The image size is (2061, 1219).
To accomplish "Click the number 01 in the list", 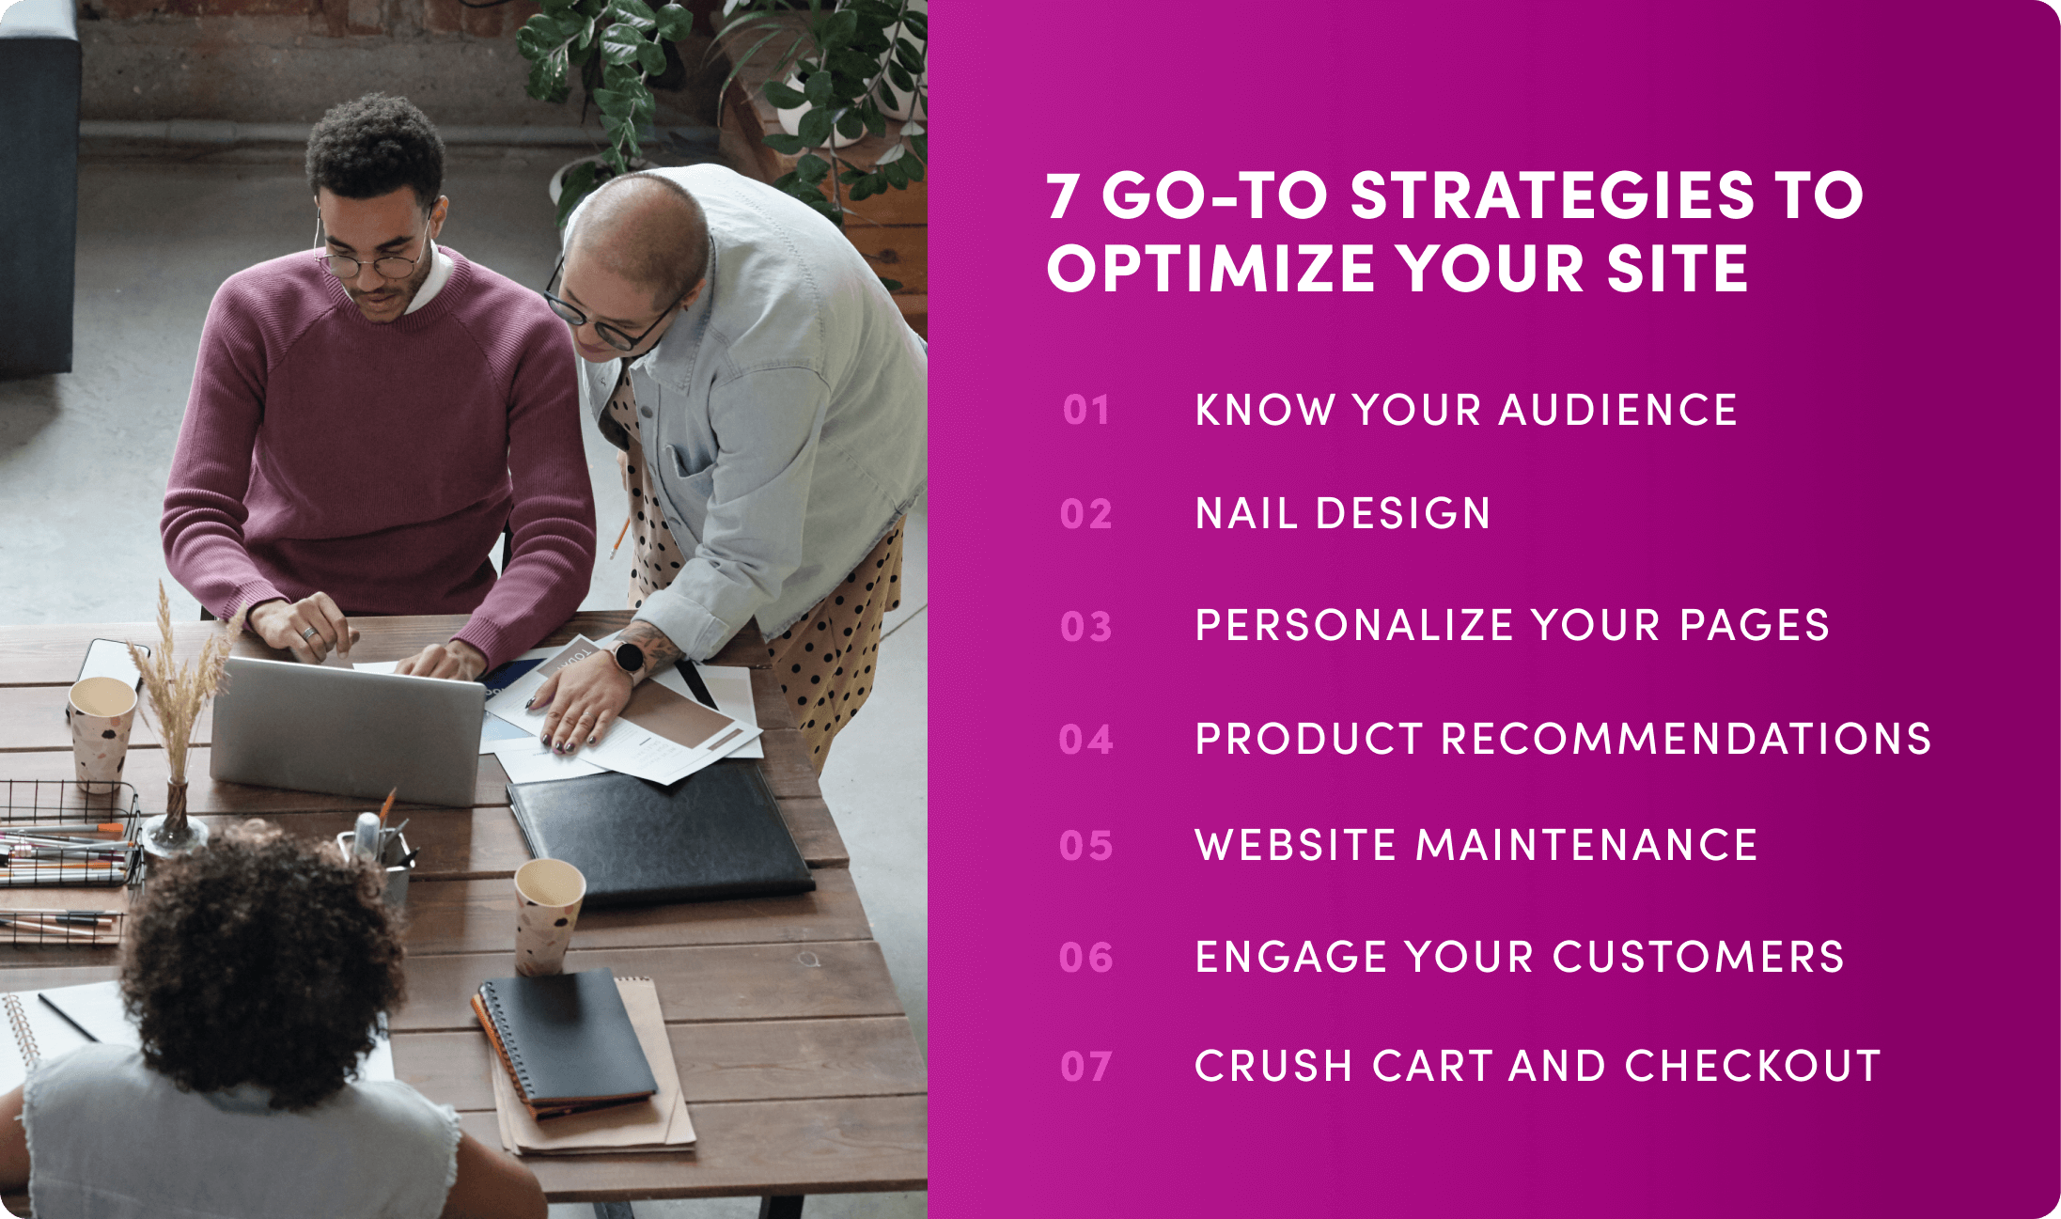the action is (x=1085, y=411).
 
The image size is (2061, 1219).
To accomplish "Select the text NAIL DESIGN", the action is (x=1343, y=513).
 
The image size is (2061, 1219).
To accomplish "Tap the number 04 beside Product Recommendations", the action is (x=1085, y=740).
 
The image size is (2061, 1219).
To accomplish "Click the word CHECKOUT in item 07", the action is (x=1753, y=1066).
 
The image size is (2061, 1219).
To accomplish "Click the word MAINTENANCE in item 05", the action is (x=1586, y=844).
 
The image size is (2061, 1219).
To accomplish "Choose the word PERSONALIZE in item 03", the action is (x=1354, y=625).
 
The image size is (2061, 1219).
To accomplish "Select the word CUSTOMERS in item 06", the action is (x=1698, y=957).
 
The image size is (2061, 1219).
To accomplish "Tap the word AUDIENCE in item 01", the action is (x=1617, y=410).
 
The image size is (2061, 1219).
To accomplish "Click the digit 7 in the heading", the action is (x=1063, y=195).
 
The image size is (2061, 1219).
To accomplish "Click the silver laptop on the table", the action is (x=347, y=728).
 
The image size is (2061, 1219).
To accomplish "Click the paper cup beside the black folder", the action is (x=548, y=914).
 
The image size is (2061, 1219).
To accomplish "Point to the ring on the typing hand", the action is (x=308, y=633).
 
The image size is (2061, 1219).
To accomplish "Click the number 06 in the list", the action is (x=1085, y=958).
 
